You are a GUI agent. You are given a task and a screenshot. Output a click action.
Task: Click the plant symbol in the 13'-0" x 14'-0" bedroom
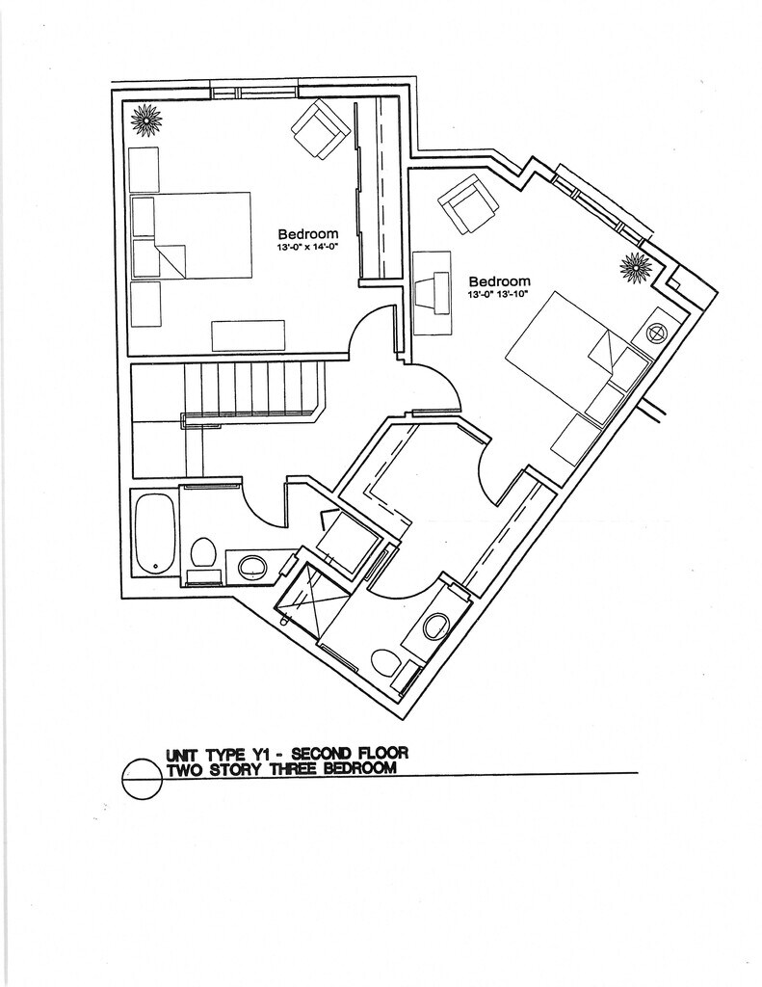pyautogui.click(x=147, y=120)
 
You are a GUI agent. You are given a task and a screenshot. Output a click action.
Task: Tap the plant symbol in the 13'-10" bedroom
pyautogui.click(x=636, y=267)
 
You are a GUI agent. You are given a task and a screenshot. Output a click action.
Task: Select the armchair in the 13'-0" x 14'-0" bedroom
pyautogui.click(x=321, y=130)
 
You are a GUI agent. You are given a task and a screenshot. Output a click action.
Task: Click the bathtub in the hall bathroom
pyautogui.click(x=154, y=533)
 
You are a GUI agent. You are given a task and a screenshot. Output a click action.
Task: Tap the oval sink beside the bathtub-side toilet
pyautogui.click(x=252, y=565)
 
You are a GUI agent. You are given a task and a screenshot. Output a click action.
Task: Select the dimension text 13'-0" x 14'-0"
pyautogui.click(x=308, y=247)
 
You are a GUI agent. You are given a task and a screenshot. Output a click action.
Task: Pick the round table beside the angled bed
pyautogui.click(x=657, y=333)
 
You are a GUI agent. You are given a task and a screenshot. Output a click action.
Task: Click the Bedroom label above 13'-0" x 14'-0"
pyautogui.click(x=308, y=233)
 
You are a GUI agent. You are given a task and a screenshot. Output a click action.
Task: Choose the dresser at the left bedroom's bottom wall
pyautogui.click(x=249, y=335)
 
